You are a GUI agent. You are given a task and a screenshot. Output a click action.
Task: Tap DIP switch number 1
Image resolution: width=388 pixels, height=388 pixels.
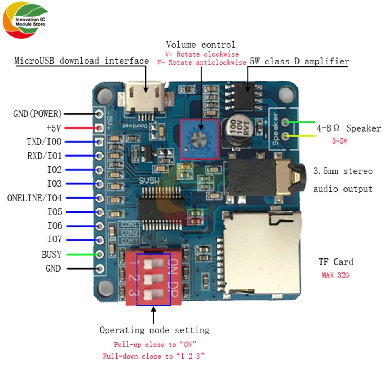[152, 264]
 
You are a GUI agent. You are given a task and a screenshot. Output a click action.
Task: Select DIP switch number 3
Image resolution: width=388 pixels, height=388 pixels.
[152, 293]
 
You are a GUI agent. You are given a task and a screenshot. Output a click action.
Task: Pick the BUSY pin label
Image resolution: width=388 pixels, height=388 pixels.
[52, 255]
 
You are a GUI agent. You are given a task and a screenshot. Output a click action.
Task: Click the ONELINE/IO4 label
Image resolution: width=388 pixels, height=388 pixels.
[35, 198]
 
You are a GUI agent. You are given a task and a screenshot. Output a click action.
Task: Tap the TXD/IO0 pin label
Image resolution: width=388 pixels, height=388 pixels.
[44, 142]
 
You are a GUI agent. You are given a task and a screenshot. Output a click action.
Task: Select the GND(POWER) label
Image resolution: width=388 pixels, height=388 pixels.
[38, 114]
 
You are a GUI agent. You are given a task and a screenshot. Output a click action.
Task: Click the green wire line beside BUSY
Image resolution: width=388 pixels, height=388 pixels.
[82, 255]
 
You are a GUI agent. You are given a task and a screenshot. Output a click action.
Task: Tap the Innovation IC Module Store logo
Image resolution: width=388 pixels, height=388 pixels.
[26, 21]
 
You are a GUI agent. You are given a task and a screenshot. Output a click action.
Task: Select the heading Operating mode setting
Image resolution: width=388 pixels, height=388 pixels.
[154, 330]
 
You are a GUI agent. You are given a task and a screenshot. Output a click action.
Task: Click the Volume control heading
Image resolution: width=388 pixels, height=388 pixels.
[201, 44]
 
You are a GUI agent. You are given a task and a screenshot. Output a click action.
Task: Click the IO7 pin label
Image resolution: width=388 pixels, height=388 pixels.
[54, 240]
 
